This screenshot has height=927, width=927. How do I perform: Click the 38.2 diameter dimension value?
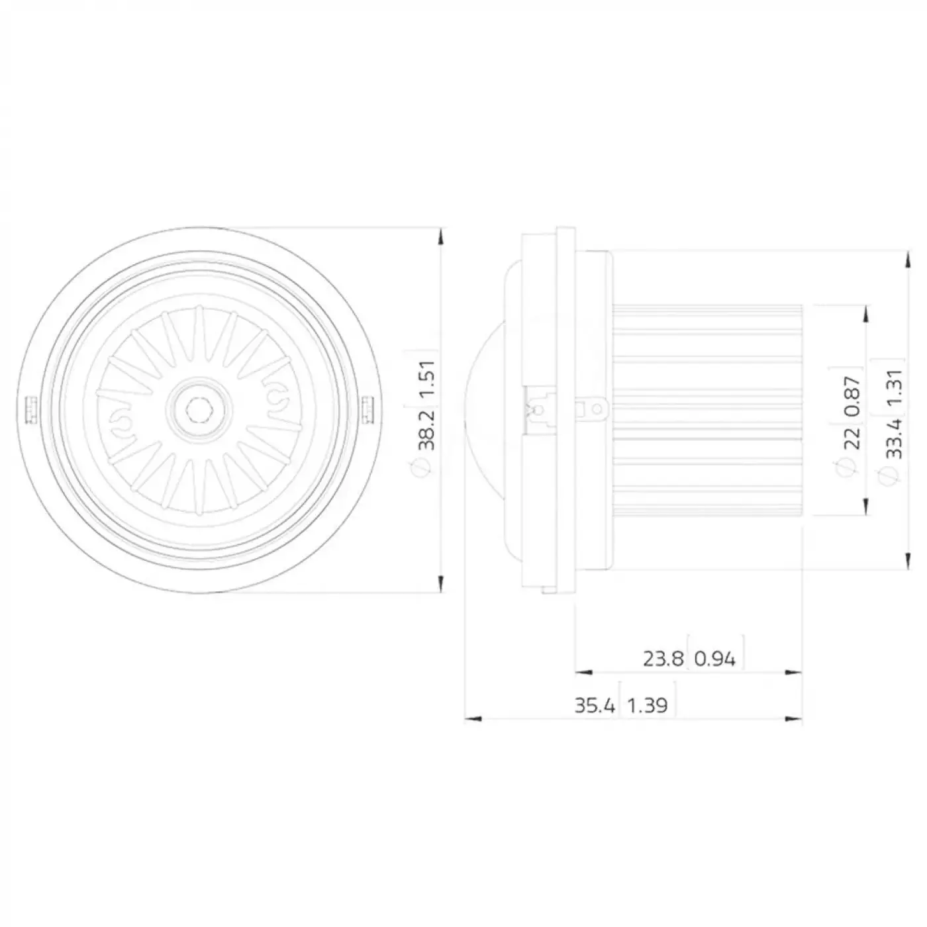(x=426, y=429)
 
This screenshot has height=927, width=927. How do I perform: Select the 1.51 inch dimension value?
(x=426, y=379)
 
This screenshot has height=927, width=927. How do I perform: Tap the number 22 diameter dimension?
(x=852, y=438)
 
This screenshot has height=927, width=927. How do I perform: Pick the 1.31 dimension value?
(x=893, y=388)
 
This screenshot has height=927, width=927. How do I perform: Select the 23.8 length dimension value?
(x=663, y=659)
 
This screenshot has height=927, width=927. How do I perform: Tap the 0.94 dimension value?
(x=715, y=659)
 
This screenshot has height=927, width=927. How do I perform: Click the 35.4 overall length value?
(x=595, y=706)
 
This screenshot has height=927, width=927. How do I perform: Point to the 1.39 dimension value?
(x=647, y=706)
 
